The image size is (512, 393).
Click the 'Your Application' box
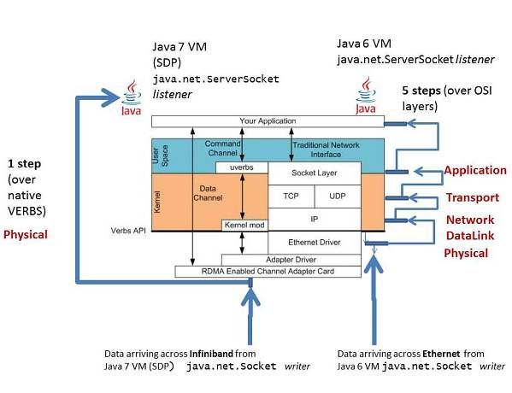(x=267, y=121)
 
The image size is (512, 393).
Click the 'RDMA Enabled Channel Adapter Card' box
(x=267, y=271)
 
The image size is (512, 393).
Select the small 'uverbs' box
(x=242, y=167)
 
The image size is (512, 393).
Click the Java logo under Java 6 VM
(x=367, y=96)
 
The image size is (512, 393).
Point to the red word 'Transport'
(x=472, y=198)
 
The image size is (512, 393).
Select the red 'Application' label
(x=474, y=171)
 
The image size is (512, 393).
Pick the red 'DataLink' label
(x=469, y=236)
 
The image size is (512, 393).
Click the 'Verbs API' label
(x=128, y=231)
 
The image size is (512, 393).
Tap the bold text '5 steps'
(x=423, y=90)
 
